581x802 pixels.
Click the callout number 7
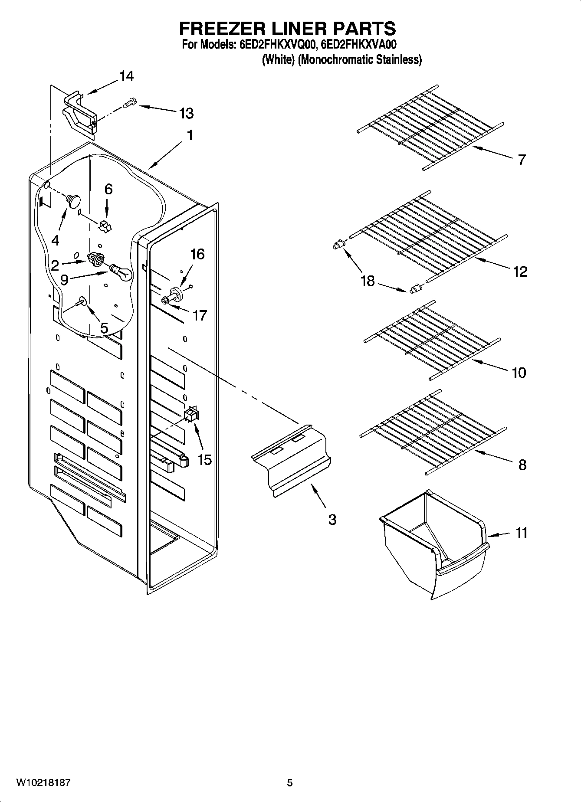pos(522,160)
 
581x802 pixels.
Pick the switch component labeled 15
pos(191,414)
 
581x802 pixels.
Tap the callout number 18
pos(367,281)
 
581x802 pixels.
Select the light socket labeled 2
pos(96,259)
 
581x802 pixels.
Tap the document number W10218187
pos(43,782)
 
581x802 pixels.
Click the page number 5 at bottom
pos(289,782)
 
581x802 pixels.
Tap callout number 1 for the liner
pos(190,135)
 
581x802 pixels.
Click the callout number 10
pos(519,372)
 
